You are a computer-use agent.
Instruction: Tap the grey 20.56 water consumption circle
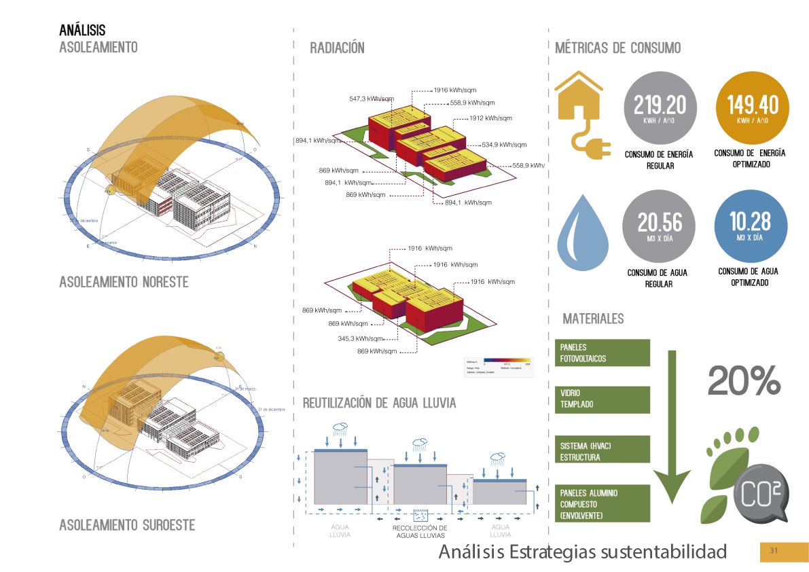coord(660,226)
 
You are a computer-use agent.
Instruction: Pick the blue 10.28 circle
coord(753,226)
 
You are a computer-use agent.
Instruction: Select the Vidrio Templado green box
coord(603,399)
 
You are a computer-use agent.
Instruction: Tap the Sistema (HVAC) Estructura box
coord(603,452)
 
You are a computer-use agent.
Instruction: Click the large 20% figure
coord(744,381)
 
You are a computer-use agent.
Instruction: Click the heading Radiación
coord(337,48)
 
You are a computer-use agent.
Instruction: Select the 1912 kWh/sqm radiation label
coord(490,118)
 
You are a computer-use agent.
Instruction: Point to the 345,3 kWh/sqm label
coord(361,338)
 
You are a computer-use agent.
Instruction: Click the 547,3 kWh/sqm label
coord(372,99)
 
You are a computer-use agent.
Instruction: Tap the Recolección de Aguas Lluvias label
coord(420,532)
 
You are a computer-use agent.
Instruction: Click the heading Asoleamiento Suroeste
coord(127,525)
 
